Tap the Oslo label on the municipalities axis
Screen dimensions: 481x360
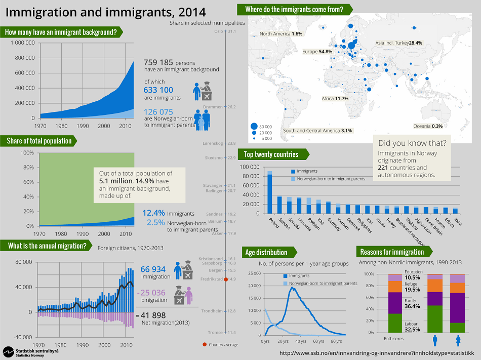point(218,31)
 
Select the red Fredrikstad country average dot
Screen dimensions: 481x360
point(226,279)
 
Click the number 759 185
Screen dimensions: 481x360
point(158,63)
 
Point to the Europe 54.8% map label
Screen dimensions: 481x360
point(317,52)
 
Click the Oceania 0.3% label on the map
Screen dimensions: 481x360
point(428,126)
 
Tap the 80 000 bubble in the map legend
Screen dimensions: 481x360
point(254,126)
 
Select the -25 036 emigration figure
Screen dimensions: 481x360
point(151,293)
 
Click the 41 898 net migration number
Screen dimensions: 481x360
point(153,315)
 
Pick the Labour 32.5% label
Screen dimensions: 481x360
point(412,327)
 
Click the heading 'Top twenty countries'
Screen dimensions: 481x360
point(271,154)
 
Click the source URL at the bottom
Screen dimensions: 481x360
point(377,353)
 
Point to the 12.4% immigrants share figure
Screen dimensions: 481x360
point(153,213)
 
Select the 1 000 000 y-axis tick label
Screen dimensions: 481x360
point(23,43)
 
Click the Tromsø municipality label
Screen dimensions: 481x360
point(215,332)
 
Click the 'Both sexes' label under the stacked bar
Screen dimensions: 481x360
point(393,339)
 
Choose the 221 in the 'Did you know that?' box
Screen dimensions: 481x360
point(383,168)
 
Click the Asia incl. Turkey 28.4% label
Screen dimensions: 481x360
point(399,43)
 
